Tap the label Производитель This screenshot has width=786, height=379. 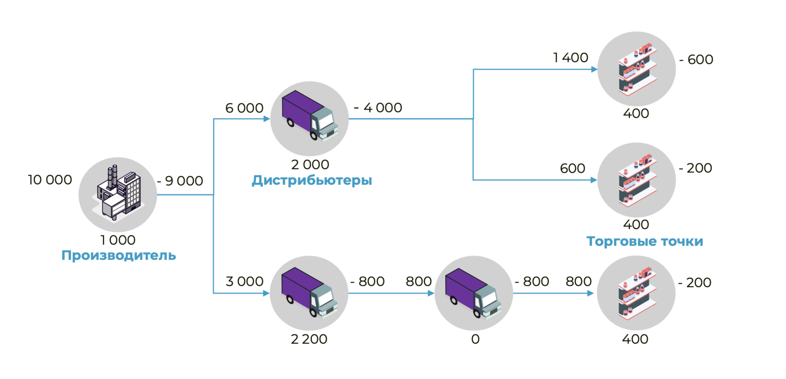(119, 256)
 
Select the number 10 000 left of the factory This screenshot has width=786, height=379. (50, 180)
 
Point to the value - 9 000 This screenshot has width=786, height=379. (180, 181)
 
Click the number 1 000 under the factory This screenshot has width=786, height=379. (118, 240)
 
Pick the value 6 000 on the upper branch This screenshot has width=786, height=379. (244, 108)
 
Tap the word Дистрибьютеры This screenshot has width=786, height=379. (312, 180)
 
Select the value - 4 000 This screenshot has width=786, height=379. (378, 108)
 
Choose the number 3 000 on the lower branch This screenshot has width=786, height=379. (244, 282)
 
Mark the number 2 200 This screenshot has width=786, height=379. (309, 339)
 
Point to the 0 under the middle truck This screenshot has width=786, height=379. (475, 339)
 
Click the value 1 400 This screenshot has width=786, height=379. (570, 58)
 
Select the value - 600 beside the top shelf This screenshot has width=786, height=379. (696, 60)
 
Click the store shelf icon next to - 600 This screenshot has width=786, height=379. (637, 69)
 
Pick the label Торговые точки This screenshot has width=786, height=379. (645, 242)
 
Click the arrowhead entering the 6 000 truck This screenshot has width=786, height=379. (267, 119)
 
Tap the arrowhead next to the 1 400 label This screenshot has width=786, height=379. (594, 70)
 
